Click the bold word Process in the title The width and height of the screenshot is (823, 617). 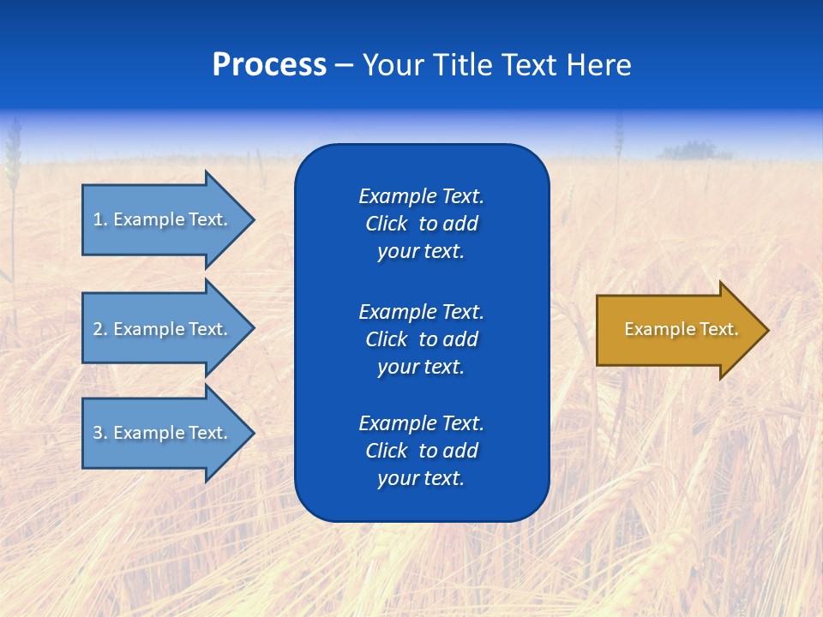pos(269,65)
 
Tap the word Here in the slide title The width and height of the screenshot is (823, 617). pos(598,65)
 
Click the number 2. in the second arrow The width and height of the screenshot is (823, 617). pos(100,329)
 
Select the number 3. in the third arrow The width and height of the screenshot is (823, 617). pos(100,433)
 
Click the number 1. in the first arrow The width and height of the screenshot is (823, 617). pos(100,219)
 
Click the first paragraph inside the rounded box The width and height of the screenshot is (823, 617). pos(421,224)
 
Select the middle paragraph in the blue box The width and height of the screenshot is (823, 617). pos(421,339)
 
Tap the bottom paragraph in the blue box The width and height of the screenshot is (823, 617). pos(421,451)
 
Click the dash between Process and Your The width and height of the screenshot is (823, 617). pos(344,65)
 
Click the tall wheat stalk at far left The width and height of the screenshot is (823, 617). pos(12,171)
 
